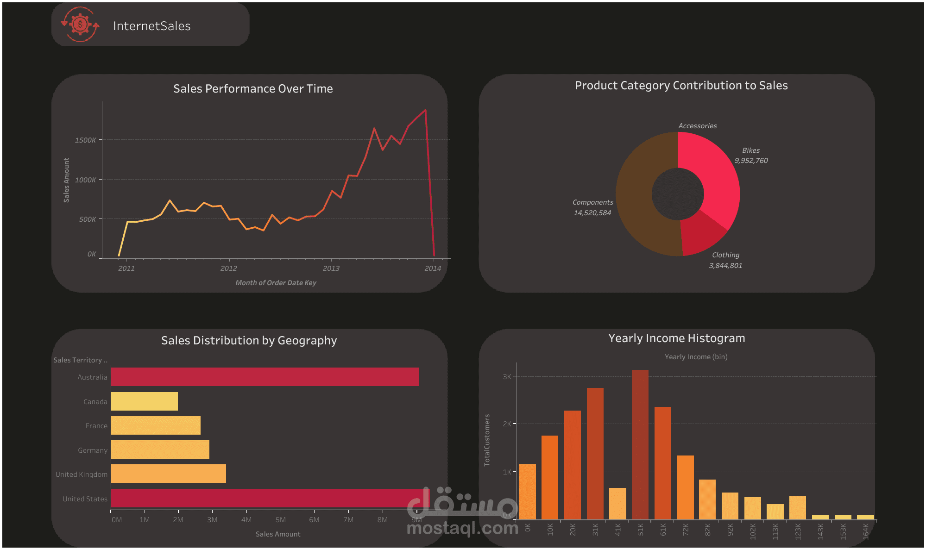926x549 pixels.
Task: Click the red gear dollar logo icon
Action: coord(80,25)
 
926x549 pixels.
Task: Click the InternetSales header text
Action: coord(151,26)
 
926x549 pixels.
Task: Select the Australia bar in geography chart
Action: coord(265,377)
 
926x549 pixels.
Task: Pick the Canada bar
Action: coord(144,401)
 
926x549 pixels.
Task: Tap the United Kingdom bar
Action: coord(168,474)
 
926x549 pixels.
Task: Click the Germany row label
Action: coord(92,450)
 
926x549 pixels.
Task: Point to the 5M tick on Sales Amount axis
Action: coord(280,519)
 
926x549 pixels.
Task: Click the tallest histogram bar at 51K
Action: coord(640,444)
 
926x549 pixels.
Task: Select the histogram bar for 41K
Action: coord(617,503)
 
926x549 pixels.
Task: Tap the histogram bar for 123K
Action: coord(797,507)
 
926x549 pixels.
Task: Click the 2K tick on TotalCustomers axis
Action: coord(507,424)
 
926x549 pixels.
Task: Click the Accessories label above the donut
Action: coord(697,126)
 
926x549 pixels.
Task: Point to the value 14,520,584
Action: coord(592,213)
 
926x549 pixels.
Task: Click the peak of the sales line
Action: coord(425,110)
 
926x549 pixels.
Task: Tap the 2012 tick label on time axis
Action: coord(228,268)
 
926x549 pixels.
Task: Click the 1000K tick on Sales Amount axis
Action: coord(85,180)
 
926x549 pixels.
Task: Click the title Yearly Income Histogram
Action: coord(676,338)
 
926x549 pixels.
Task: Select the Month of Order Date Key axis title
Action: coord(276,282)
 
